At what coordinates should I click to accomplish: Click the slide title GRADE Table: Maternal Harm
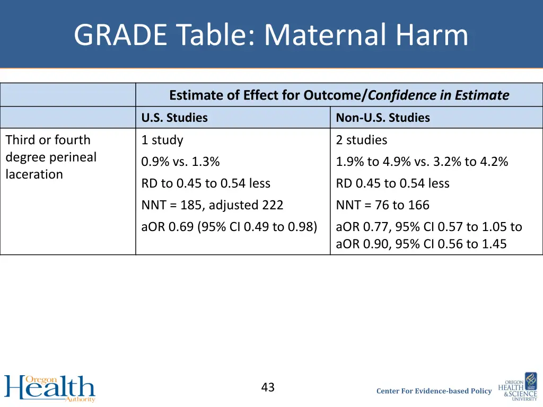pos(271,35)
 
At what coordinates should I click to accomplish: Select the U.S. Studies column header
pos(174,118)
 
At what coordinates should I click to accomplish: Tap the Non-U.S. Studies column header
pos(382,118)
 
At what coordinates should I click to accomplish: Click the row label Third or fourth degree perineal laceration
pos(51,157)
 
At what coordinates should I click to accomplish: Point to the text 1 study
pos(162,140)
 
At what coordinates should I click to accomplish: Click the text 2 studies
pos(361,140)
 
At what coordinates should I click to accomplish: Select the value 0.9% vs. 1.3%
pos(180,162)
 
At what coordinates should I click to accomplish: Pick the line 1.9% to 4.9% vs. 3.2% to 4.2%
pos(422,162)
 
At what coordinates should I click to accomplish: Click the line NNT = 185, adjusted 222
pos(212,205)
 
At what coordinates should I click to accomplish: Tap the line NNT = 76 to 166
pos(382,205)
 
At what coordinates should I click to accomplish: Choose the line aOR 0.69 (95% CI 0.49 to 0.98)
pos(229,227)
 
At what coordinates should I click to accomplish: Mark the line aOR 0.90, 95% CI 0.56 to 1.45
pos(421,244)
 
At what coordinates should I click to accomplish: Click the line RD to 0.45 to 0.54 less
pos(206,183)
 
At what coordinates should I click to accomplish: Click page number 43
pos(268,387)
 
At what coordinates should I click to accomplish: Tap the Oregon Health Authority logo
pos(50,388)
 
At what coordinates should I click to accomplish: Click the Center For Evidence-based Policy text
pos(434,391)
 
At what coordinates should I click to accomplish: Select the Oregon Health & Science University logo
pos(517,386)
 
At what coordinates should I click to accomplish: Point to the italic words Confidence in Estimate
pos(439,95)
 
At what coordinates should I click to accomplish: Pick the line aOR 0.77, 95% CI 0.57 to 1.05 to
pos(428,227)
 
